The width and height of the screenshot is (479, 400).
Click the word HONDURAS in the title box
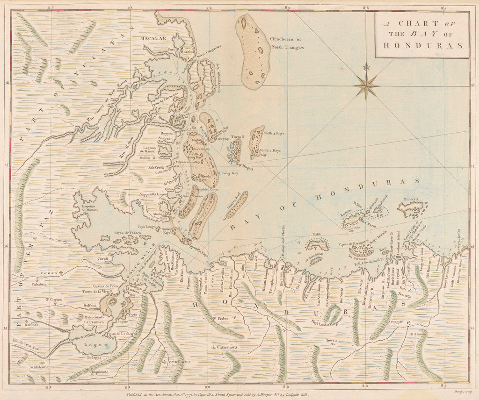coord(422,46)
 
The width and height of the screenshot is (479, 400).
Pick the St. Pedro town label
coord(220,319)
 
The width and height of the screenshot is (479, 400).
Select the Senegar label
coord(395,321)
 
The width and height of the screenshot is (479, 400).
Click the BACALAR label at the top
coord(153,39)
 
